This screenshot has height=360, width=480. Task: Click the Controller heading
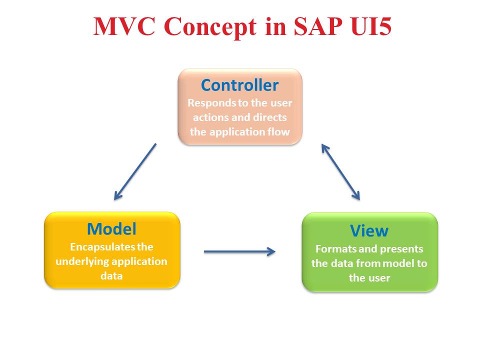pyautogui.click(x=239, y=85)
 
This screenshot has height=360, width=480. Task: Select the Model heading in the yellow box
pyautogui.click(x=111, y=229)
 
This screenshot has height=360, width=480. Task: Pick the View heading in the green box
pyautogui.click(x=369, y=230)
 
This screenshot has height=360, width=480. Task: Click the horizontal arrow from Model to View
pyautogui.click(x=239, y=251)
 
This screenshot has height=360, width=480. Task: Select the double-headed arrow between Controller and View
pyautogui.click(x=340, y=172)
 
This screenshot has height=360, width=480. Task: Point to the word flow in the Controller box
pyautogui.click(x=279, y=132)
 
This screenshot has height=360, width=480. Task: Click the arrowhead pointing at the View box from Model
pyautogui.click(x=271, y=251)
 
